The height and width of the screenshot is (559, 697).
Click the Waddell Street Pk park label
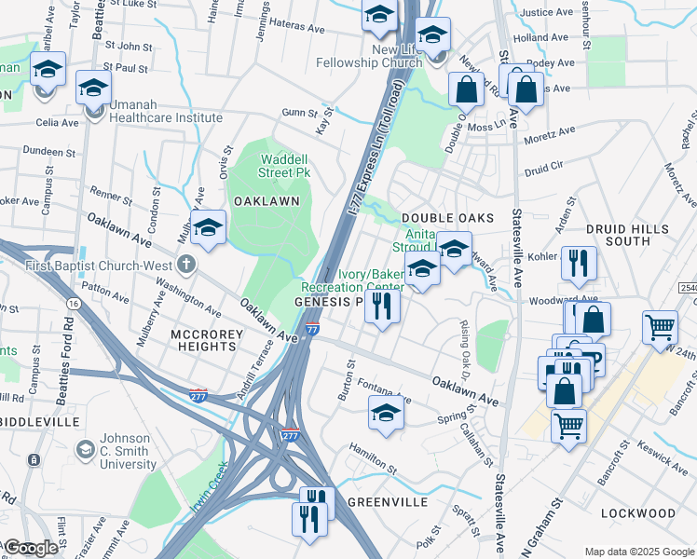coord(284,165)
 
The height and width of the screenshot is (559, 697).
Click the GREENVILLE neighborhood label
coord(387,501)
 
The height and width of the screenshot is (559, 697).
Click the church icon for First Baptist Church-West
coord(186,264)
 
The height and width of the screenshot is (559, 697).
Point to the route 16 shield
coord(71,304)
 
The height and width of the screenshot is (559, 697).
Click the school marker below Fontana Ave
coord(386,414)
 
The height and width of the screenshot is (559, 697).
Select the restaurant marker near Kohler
coord(579,265)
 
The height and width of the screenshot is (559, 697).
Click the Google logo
coord(31,549)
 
